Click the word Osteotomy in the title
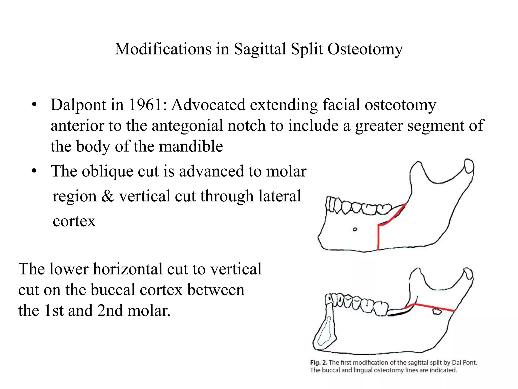pos(365,49)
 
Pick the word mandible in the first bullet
pos(191,146)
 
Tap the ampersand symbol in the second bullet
pos(107,196)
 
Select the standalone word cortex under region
pos(74,221)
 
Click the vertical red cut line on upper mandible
pos(378,238)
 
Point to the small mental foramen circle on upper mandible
pos(355,229)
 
